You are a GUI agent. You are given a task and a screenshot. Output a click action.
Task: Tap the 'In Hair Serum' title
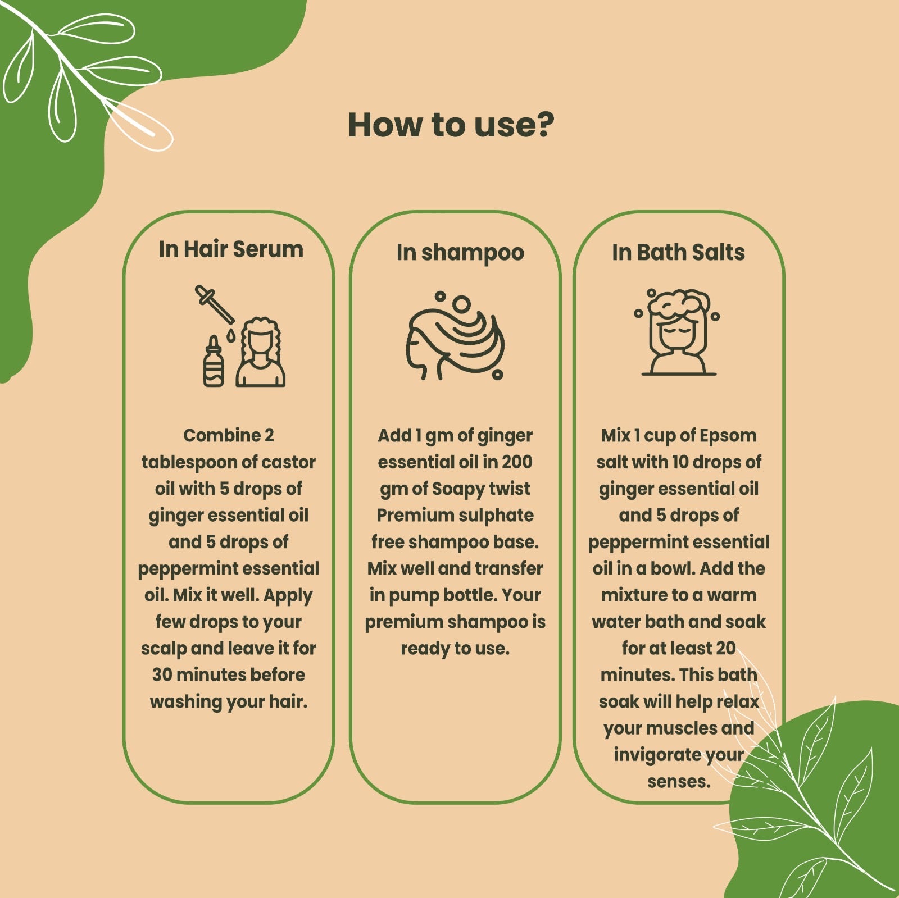(x=231, y=249)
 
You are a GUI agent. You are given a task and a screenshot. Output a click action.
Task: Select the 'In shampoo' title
(x=460, y=253)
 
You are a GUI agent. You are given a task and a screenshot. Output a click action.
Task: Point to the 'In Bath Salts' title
(x=678, y=252)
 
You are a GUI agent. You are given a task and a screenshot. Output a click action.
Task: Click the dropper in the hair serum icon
(x=215, y=305)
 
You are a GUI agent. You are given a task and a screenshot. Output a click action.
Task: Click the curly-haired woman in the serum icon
(x=261, y=352)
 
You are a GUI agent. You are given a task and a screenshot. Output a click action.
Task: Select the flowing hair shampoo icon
(x=455, y=336)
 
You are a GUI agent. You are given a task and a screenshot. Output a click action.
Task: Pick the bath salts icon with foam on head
(x=679, y=332)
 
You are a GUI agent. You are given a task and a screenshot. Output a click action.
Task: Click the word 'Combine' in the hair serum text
(x=223, y=435)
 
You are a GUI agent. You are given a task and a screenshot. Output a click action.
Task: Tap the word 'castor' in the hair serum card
(x=288, y=462)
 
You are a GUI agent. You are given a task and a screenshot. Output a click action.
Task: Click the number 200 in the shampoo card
(x=517, y=462)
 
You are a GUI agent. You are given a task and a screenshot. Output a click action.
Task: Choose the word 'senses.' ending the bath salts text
(x=679, y=782)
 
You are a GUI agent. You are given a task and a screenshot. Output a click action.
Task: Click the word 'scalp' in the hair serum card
(x=164, y=649)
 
